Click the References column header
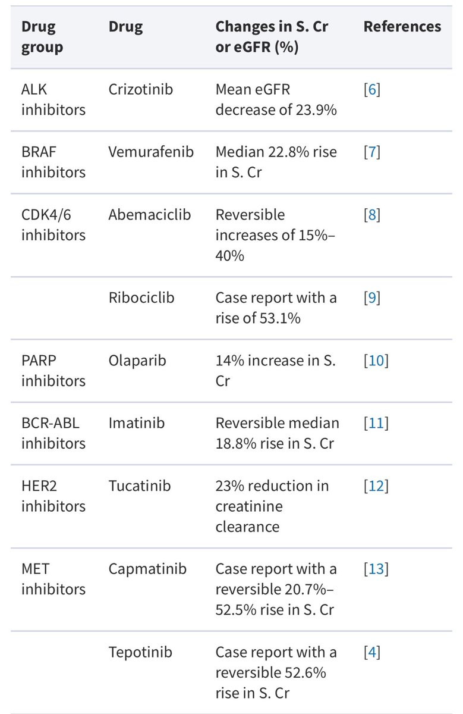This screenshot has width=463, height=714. pos(402,26)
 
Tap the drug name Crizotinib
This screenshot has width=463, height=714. pos(140,89)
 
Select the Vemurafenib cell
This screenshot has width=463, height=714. pos(151,152)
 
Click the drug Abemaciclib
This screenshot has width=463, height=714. pos(150,215)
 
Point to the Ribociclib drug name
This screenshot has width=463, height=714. pos(141,297)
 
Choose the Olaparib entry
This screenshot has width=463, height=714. pos(137,361)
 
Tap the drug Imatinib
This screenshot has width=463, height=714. pos(137,423)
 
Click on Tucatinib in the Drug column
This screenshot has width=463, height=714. pos(140,486)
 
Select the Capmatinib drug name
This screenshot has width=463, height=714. pos(147,569)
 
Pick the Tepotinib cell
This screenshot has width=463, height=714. pos(140,652)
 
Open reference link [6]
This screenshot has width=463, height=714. pos(372,89)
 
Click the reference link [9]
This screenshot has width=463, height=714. pos(372,297)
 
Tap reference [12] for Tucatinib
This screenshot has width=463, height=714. pos(376,486)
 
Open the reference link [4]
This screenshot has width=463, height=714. pos(372,652)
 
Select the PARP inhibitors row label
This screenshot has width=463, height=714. pos(53,371)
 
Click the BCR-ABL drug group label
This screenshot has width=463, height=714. pos(51,423)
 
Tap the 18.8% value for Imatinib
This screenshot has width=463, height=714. pos(236,443)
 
